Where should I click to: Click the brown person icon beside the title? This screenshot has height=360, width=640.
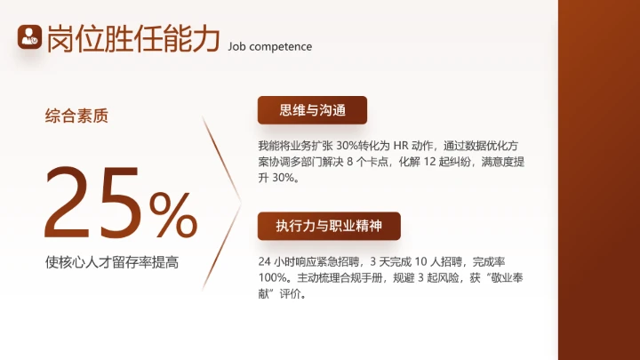pos(30,36)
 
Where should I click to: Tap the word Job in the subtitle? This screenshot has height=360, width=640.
pos(237,46)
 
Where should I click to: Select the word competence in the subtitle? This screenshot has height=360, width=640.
pos(282,46)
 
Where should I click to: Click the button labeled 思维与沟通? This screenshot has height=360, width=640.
pos(312,110)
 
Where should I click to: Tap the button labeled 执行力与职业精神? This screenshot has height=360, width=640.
pos(329,226)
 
